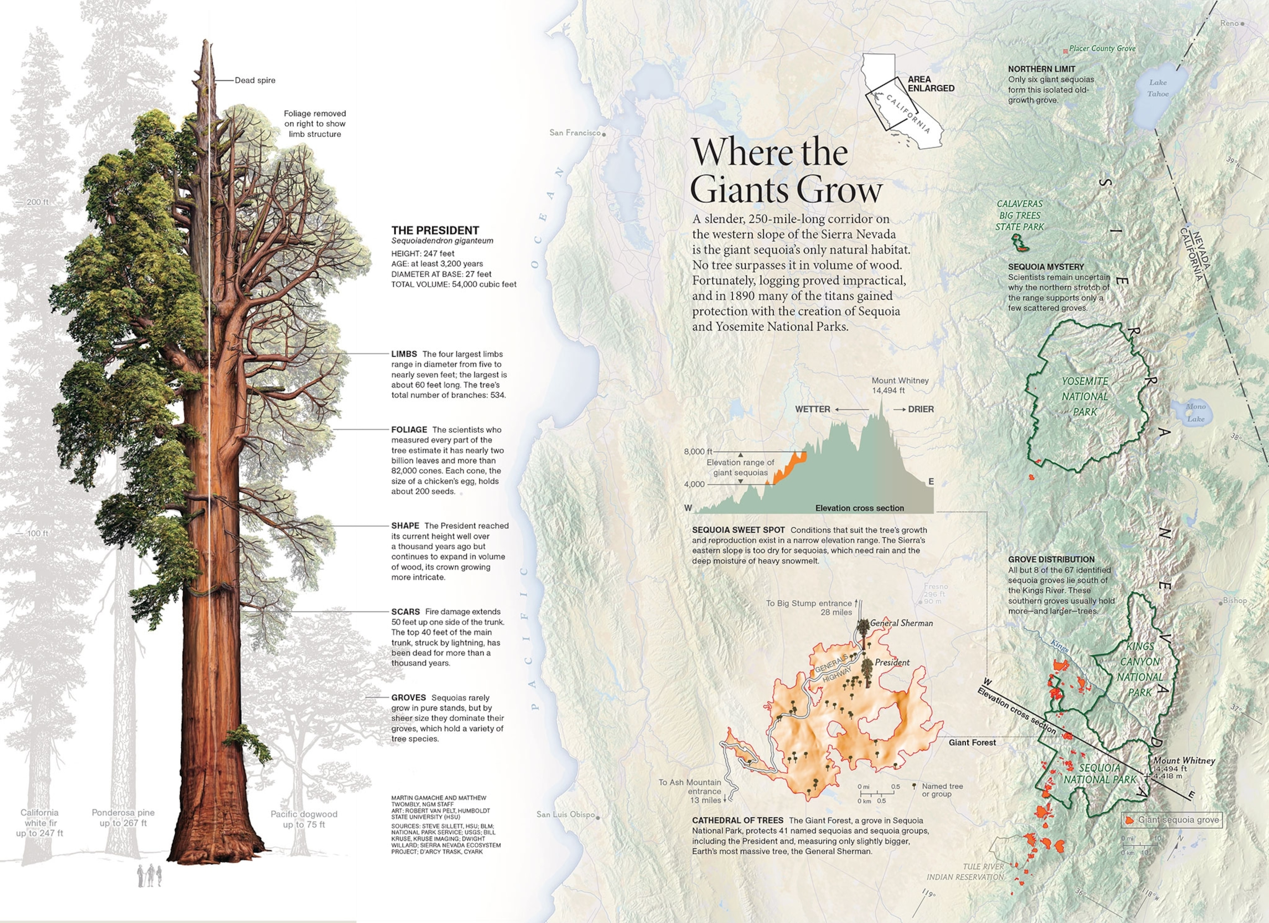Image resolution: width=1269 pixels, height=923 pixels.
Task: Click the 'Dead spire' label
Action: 254,80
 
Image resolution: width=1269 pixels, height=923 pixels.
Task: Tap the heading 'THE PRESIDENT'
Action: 435,230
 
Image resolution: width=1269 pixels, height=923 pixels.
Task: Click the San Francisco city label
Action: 575,133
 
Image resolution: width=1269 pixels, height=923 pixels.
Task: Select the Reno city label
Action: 1229,23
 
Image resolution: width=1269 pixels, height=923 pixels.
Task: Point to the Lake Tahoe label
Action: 1157,88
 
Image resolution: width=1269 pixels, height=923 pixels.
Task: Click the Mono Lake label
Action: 1196,412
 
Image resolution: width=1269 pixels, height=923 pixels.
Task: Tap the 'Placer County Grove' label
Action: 1102,49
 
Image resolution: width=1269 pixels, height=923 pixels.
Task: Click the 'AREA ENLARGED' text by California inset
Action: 931,84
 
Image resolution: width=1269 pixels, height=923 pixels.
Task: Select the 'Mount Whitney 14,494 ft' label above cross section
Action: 900,385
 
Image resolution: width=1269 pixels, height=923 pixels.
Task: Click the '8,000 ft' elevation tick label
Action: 698,452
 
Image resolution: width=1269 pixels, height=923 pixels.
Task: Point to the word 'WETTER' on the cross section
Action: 813,409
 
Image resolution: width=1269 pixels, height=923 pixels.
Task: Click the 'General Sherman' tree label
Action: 901,623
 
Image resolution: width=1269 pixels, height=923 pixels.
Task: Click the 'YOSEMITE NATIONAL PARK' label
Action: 1084,396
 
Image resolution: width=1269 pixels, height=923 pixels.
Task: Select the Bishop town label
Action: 1234,601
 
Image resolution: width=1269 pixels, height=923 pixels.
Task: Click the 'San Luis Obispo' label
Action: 565,814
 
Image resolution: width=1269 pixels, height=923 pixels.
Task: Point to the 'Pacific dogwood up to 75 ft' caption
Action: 303,819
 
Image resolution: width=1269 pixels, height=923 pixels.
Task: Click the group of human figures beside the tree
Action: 150,876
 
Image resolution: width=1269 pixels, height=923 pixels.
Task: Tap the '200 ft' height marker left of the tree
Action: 37,202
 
